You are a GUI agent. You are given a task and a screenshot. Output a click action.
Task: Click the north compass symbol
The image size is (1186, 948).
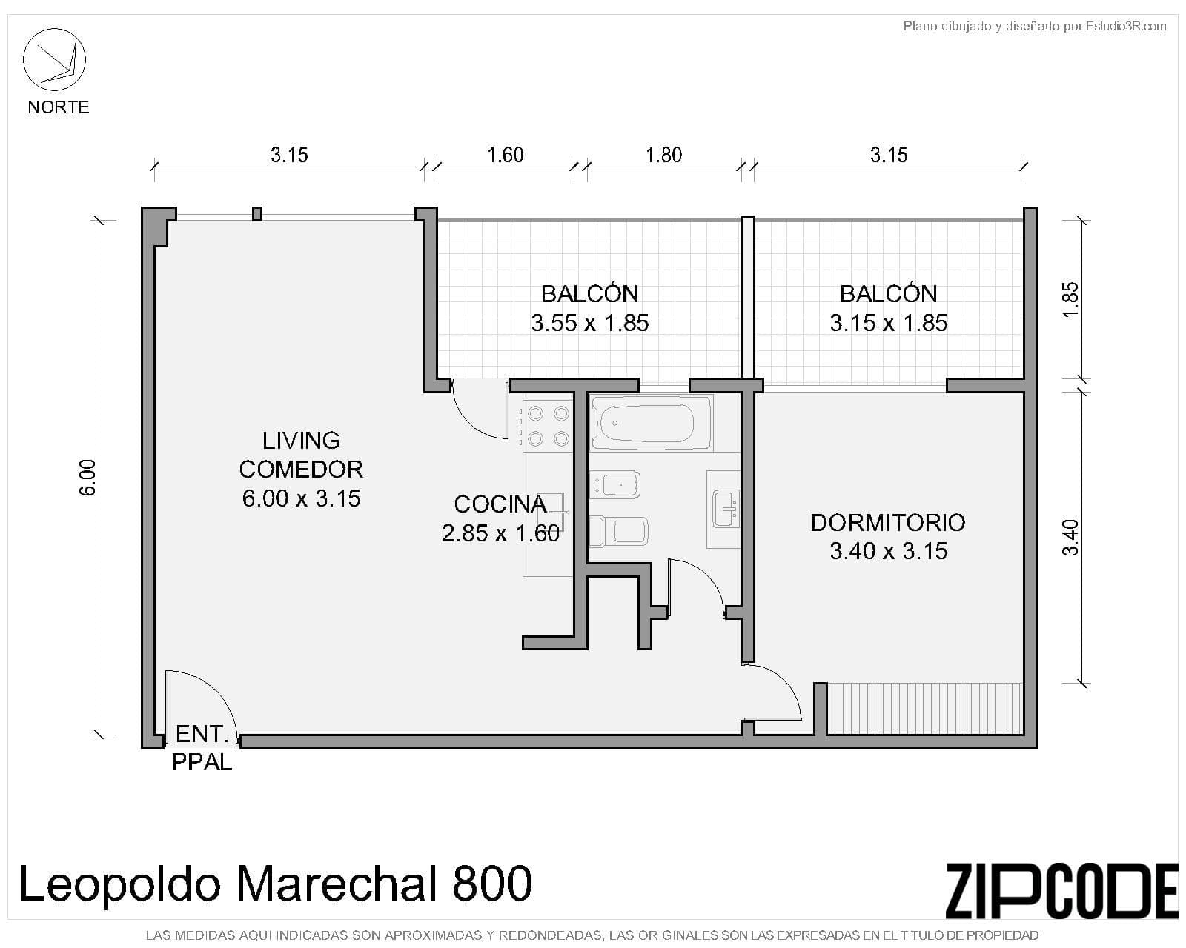[55, 59]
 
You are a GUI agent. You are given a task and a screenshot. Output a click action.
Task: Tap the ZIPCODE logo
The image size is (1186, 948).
[1061, 891]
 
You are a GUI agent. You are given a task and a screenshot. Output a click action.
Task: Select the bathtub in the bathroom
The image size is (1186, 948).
[651, 423]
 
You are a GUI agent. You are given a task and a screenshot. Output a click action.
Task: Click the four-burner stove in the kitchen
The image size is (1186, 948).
[548, 426]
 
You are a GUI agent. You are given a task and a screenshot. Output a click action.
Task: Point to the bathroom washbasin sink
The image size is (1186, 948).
[725, 508]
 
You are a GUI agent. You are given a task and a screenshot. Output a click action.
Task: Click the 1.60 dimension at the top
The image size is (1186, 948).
[505, 155]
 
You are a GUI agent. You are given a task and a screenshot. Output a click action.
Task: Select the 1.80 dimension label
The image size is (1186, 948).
[663, 155]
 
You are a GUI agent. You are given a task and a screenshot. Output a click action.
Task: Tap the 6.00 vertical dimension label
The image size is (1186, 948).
[87, 478]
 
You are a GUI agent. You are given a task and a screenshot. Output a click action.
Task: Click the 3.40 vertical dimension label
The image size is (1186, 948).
[1070, 538]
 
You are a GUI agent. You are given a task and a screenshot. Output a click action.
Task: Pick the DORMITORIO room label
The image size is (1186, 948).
[888, 523]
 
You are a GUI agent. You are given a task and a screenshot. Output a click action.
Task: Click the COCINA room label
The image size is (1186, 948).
[500, 504]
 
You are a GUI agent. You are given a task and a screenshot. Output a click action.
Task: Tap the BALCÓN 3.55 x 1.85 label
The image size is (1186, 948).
[590, 308]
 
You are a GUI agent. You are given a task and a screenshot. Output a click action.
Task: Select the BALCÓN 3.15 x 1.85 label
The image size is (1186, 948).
[889, 308]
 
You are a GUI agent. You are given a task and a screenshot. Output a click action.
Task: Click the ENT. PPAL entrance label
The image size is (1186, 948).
[201, 748]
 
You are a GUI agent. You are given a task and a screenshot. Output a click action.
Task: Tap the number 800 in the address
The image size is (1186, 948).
[491, 884]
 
